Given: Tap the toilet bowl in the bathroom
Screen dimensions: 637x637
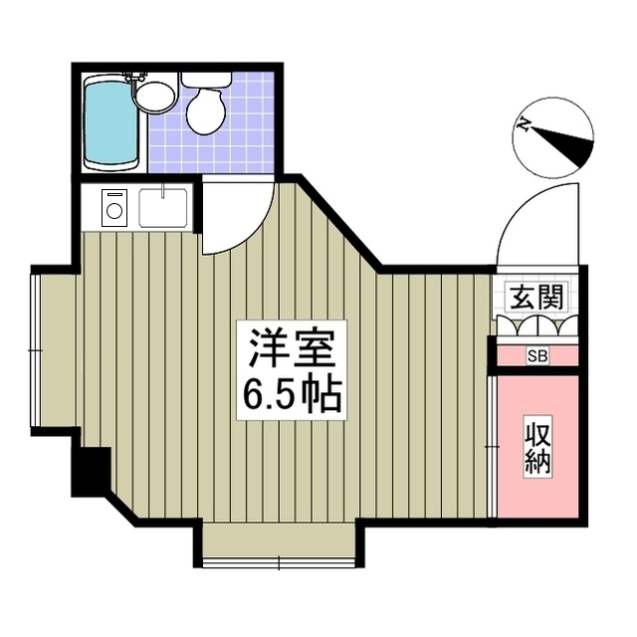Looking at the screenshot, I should (206, 111).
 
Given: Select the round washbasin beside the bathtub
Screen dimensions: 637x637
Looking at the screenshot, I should (153, 97).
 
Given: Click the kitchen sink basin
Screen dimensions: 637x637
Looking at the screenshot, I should (163, 208).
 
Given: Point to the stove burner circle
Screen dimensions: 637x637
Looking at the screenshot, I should (113, 210).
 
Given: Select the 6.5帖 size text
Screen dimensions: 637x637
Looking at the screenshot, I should (291, 395).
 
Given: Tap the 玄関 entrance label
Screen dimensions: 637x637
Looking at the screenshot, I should (537, 297).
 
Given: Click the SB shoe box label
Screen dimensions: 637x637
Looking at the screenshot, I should (536, 355).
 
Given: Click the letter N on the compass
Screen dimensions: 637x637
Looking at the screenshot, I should (525, 124).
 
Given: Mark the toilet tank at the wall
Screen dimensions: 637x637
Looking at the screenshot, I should (206, 80).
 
